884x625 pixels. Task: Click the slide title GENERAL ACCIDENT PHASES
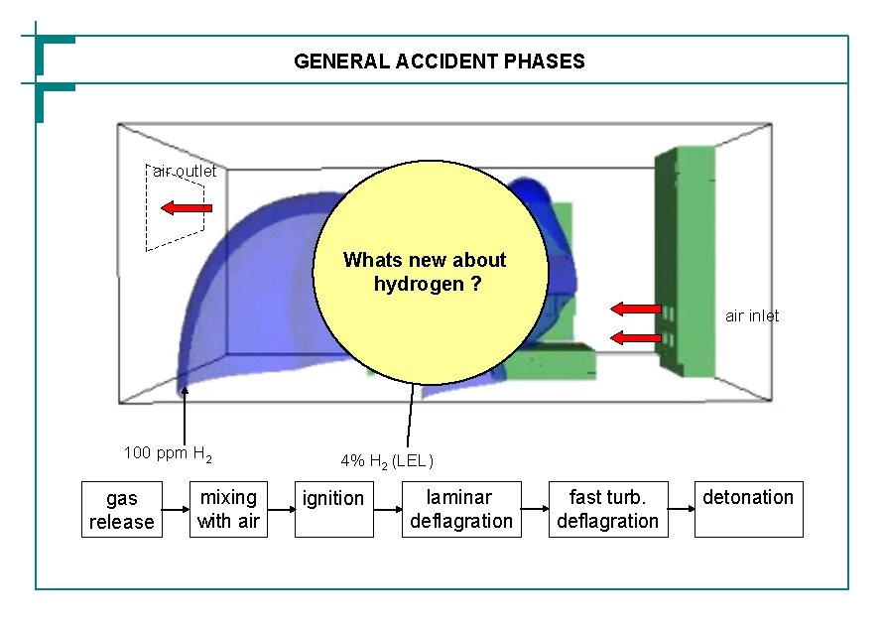(x=440, y=62)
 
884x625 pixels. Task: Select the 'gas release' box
(x=121, y=509)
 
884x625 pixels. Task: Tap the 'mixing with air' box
(x=227, y=509)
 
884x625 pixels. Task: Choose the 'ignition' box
(x=333, y=509)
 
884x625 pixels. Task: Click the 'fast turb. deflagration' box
(x=607, y=509)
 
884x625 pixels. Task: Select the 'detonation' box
(x=748, y=509)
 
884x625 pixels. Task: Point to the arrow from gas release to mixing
(x=175, y=510)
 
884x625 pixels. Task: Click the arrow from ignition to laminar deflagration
(x=386, y=510)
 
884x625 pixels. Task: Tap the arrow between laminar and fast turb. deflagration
(x=535, y=510)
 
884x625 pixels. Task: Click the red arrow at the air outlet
(x=187, y=208)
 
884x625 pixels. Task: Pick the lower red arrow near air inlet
(x=636, y=338)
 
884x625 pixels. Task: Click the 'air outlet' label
(x=185, y=172)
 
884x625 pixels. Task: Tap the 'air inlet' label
(x=752, y=315)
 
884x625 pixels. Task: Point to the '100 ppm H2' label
(x=168, y=454)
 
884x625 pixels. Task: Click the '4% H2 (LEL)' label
(x=387, y=461)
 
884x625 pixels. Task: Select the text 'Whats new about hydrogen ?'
(x=425, y=272)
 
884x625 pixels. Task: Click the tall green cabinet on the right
(x=686, y=260)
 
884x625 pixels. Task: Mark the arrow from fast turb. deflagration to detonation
(x=680, y=510)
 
